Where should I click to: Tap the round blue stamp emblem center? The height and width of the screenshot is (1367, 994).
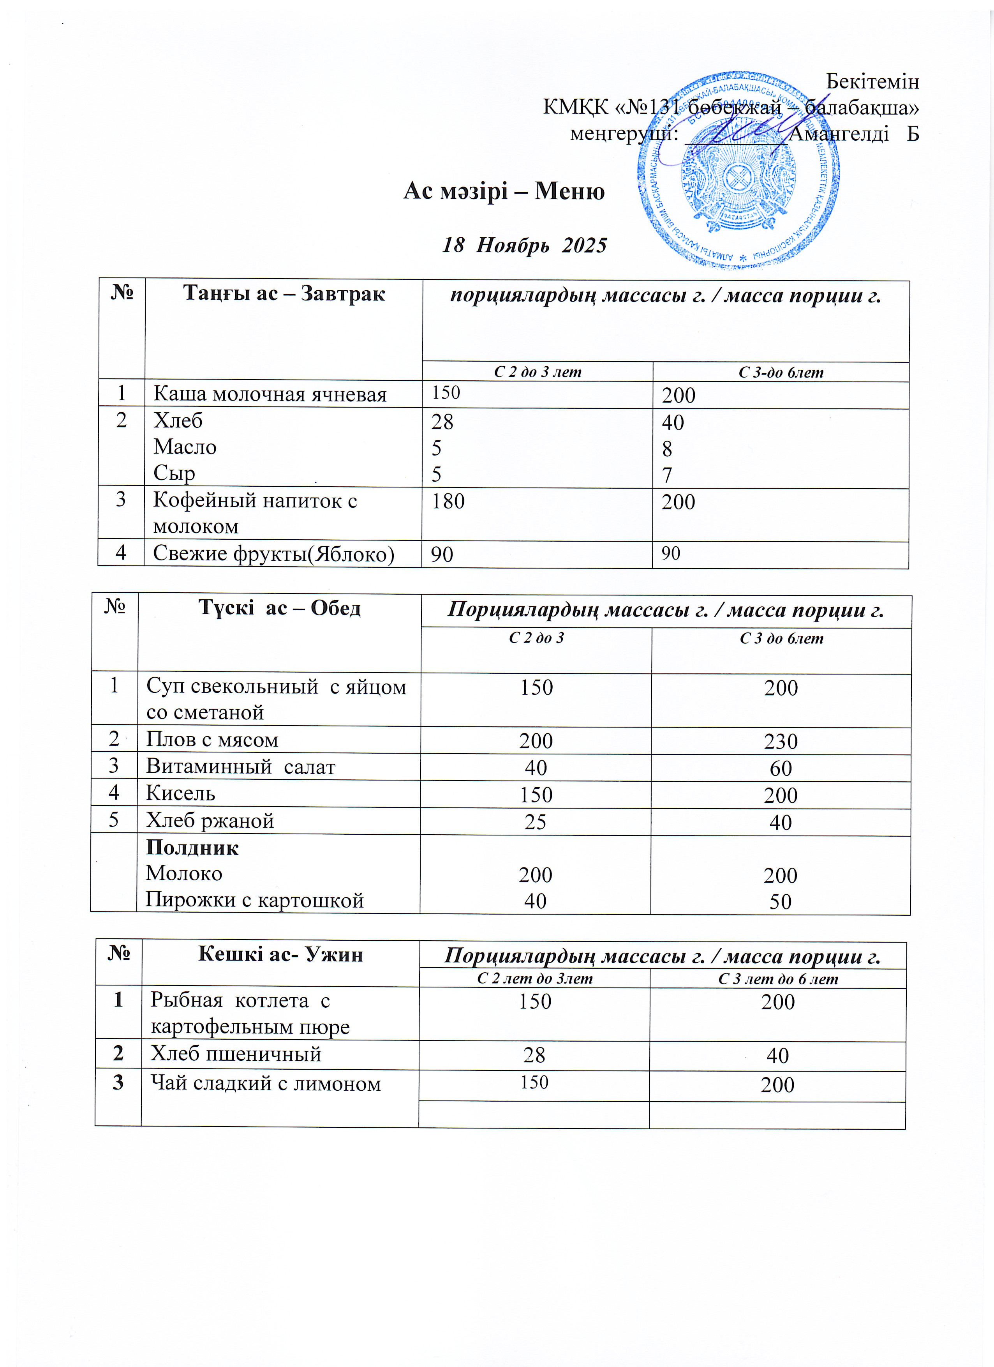pyautogui.click(x=738, y=175)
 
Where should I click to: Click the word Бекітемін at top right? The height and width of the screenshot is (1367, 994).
pyautogui.click(x=872, y=81)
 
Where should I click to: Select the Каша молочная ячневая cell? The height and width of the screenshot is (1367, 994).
pyautogui.click(x=269, y=394)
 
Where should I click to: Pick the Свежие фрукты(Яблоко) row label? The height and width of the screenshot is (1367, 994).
pyautogui.click(x=273, y=553)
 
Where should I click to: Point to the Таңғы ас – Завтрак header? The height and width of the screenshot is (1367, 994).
pyautogui.click(x=284, y=293)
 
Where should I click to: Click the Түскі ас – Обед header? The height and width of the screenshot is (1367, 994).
pyautogui.click(x=280, y=608)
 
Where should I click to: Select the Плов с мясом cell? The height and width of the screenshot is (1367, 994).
pyautogui.click(x=212, y=740)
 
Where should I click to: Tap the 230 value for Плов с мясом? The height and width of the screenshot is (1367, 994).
pyautogui.click(x=780, y=741)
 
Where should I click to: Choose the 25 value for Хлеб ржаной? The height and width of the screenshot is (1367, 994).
pyautogui.click(x=535, y=821)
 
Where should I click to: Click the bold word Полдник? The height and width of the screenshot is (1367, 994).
pyautogui.click(x=192, y=848)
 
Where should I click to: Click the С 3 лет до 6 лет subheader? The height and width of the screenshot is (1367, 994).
pyautogui.click(x=778, y=979)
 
